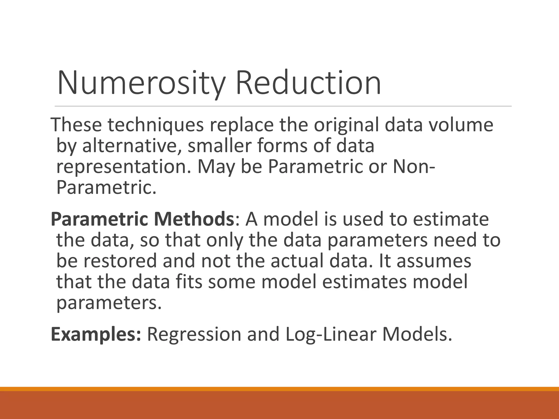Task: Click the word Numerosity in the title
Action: click(141, 83)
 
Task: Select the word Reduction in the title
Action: click(308, 83)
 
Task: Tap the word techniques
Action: click(156, 125)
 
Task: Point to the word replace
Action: click(242, 125)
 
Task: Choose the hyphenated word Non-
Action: click(414, 167)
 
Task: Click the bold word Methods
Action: click(193, 219)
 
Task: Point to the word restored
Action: click(120, 261)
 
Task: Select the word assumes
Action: click(434, 261)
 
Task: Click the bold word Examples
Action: click(96, 334)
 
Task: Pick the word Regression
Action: click(194, 334)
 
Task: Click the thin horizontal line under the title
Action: click(283, 106)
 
